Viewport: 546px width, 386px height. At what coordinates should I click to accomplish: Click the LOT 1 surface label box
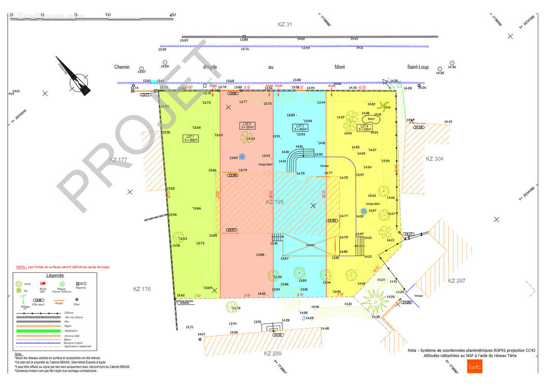[190, 138]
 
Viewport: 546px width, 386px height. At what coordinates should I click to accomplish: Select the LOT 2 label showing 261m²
[247, 125]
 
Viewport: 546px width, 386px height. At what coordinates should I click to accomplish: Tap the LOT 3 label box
[300, 128]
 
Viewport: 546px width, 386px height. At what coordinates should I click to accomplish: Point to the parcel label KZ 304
[434, 158]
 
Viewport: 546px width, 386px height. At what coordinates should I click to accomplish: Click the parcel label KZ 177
[118, 160]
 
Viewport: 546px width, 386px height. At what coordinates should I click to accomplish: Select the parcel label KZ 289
[273, 354]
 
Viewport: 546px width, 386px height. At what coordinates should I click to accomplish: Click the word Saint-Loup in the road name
[418, 67]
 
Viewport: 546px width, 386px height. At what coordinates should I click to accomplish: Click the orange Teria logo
[472, 367]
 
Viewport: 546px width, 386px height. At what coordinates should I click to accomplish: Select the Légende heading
[55, 275]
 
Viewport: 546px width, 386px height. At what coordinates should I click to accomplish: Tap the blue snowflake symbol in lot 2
[243, 157]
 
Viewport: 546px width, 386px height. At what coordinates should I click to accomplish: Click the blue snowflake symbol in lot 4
[364, 211]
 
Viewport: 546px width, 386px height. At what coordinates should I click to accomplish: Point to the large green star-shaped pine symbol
[375, 301]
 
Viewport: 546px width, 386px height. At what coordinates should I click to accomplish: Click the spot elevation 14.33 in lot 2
[251, 139]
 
